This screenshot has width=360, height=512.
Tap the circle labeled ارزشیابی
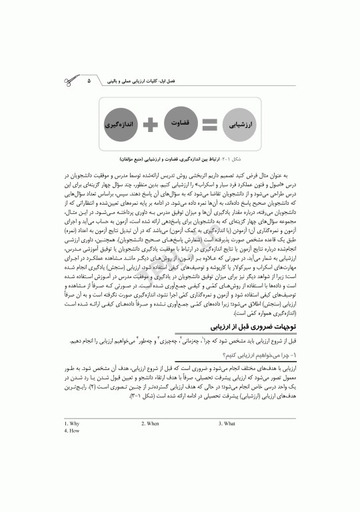click(x=238, y=124)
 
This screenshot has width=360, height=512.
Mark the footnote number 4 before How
click(x=65, y=431)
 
